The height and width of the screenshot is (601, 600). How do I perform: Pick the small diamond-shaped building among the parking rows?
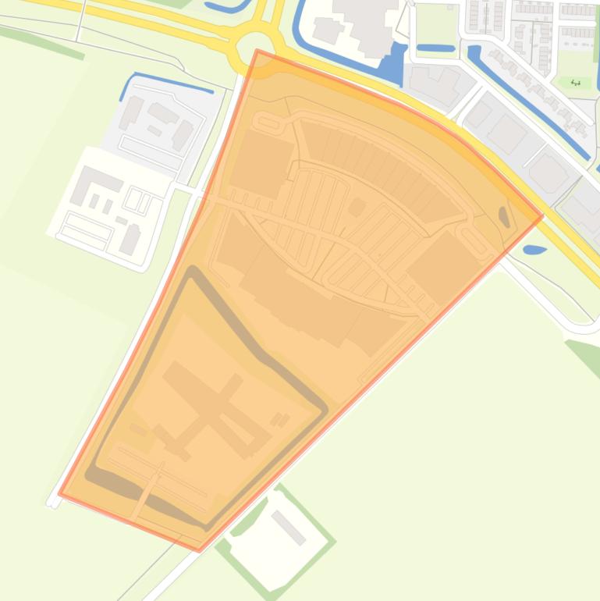[x=357, y=185]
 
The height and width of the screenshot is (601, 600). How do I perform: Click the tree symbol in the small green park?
[x=576, y=82]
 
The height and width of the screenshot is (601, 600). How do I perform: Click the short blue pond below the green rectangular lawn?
[x=435, y=48]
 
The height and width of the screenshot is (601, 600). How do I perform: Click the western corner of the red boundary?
[x=59, y=493]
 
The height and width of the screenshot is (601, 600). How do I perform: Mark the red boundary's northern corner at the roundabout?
[x=257, y=51]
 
